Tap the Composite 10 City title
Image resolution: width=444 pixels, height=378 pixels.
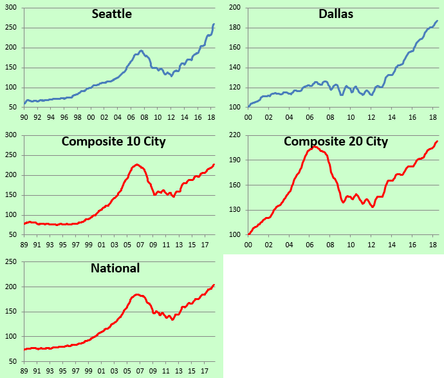pos(114,141)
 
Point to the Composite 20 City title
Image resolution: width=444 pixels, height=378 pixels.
pos(336,141)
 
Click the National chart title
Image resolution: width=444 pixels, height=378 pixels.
pos(115,268)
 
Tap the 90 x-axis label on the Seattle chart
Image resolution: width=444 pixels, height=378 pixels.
pos(24,117)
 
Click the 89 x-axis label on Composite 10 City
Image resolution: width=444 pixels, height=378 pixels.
pos(24,245)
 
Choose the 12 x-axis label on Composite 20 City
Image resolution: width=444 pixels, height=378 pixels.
pos(371,245)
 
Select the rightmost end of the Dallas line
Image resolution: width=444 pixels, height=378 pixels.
pos(438,21)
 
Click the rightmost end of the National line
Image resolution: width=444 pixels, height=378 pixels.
pos(214,285)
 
